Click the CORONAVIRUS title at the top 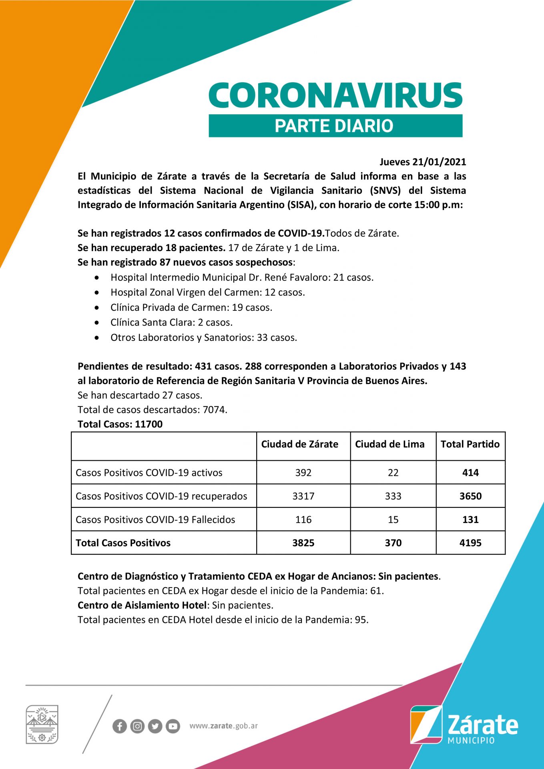335,95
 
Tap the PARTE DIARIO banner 335,126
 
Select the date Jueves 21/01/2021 423,162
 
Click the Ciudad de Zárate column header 299,444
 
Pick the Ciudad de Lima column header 389,444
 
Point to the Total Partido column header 470,444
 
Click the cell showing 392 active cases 303,473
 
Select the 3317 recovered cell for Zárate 303,496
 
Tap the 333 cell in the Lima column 393,496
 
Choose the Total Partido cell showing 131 470,519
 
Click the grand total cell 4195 470,543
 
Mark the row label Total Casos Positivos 123,543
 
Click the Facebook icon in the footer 119,726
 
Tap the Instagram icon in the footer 137,726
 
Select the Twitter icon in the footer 155,726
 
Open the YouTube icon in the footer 173,726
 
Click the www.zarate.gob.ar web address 223,726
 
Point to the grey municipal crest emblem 42,725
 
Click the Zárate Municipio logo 464,725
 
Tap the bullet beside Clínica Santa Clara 97,322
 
